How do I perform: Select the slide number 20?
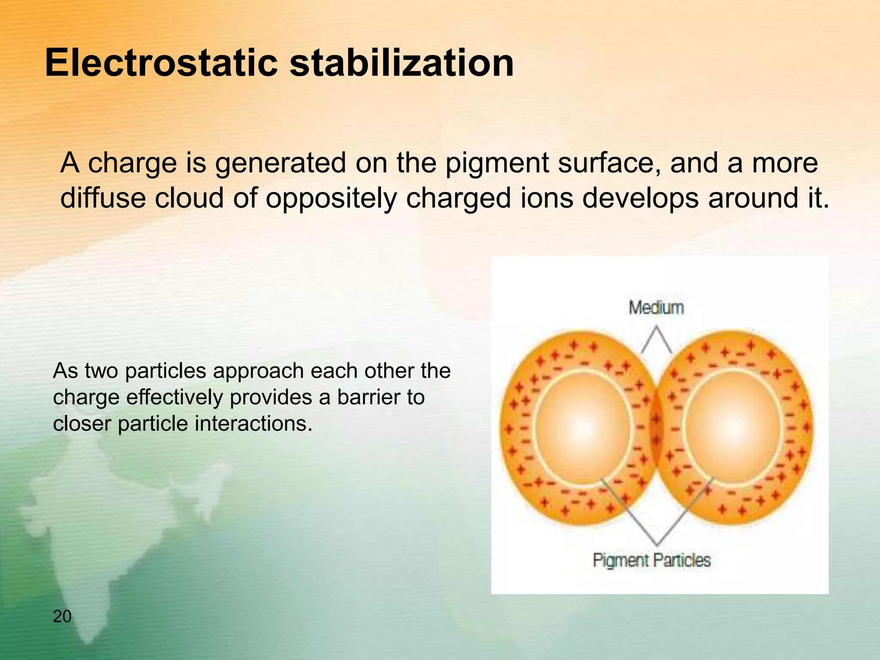62,616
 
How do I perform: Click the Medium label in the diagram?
656,308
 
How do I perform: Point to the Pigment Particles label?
651,560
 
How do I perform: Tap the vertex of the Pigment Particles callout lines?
657,545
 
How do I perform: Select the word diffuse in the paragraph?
103,199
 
